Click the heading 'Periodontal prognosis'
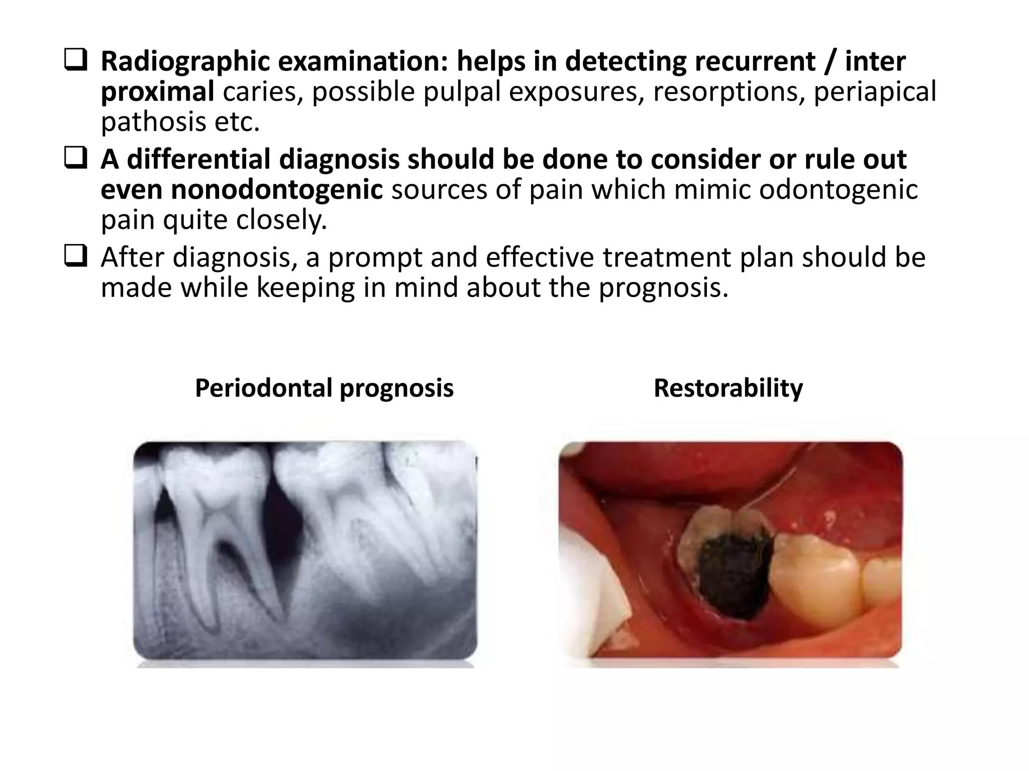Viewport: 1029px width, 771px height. [x=324, y=388]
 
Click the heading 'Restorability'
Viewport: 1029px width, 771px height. [x=728, y=388]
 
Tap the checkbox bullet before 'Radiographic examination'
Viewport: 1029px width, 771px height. [x=76, y=61]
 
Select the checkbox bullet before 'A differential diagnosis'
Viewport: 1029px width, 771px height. [x=76, y=159]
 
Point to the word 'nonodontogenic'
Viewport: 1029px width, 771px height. [x=242, y=190]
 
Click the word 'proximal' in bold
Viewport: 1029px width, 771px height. [x=158, y=92]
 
